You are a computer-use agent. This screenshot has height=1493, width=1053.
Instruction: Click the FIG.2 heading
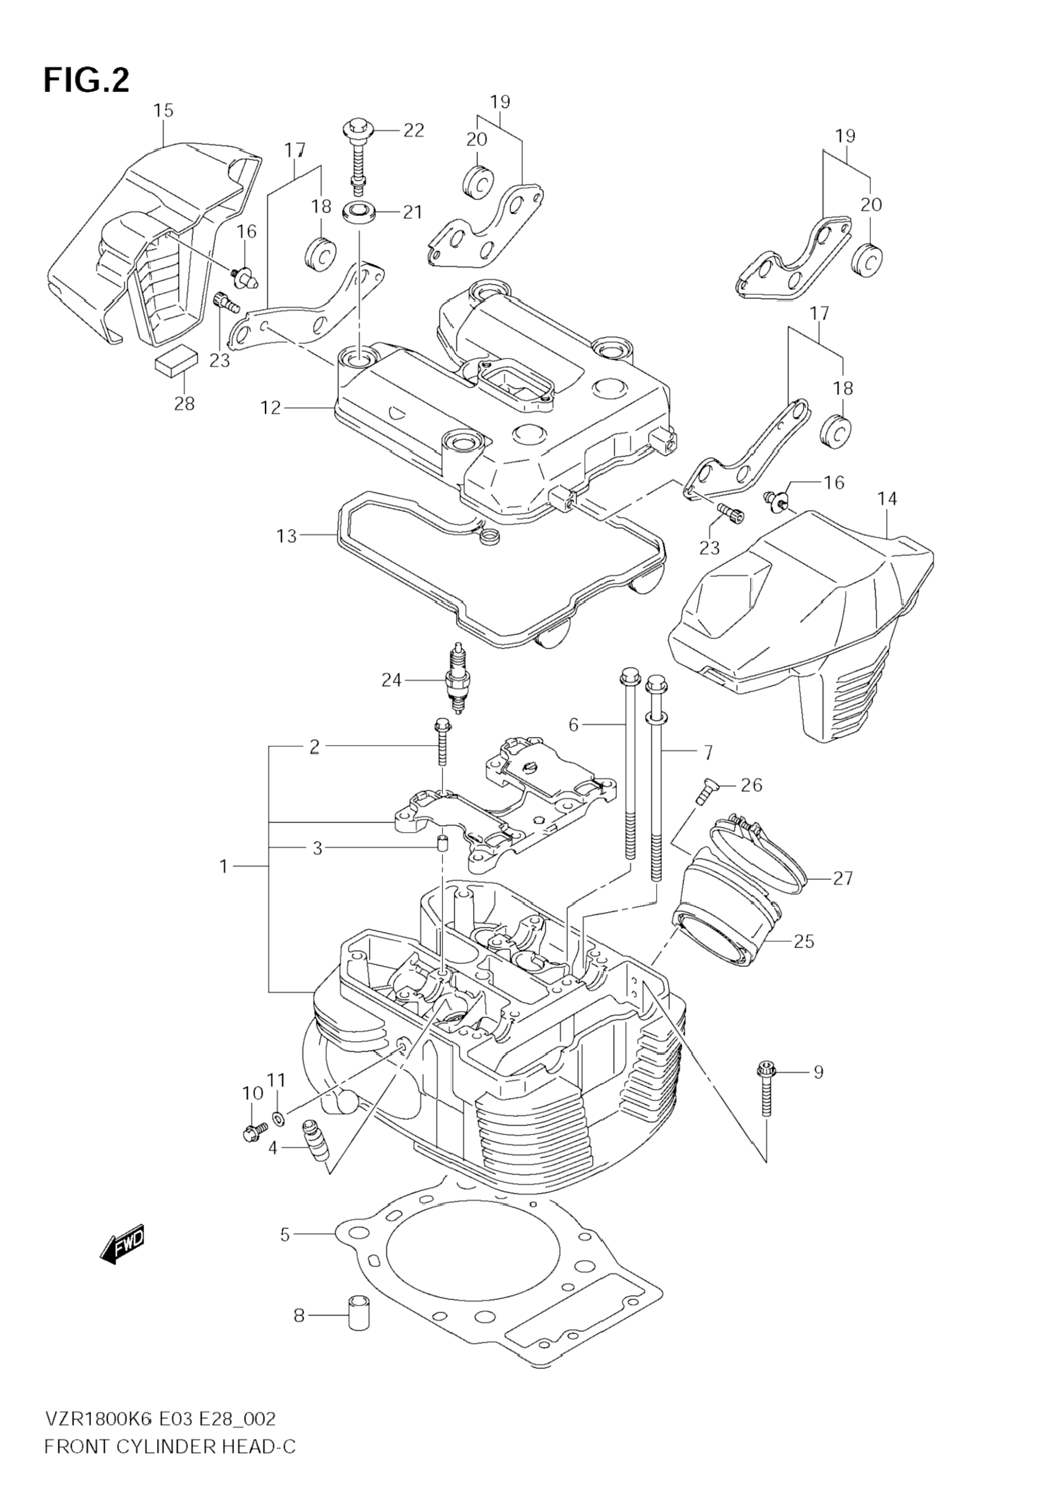coord(86,81)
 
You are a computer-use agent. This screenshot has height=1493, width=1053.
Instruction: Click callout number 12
coord(270,408)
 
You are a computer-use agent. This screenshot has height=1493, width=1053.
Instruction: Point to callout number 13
coord(286,536)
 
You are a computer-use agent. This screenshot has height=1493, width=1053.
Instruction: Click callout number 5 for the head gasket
coord(285,1234)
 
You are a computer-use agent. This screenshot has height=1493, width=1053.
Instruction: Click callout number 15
coord(164,110)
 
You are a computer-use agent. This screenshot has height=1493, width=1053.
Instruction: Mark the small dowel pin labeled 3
coord(442,844)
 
